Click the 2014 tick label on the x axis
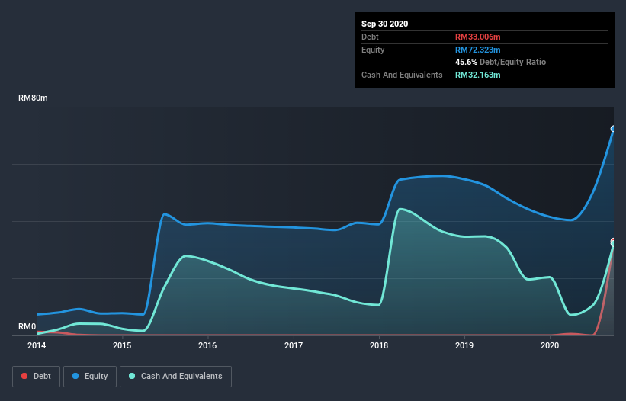[x=37, y=345]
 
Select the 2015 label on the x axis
[x=122, y=345]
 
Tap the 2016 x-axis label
[x=207, y=345]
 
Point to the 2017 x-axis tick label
[x=294, y=345]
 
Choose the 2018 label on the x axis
[x=379, y=345]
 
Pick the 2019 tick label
[x=464, y=345]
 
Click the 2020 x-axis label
[x=550, y=345]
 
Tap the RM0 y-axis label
[x=27, y=327]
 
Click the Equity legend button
[x=90, y=376]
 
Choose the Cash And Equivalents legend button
[x=175, y=376]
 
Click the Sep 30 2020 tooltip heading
[x=385, y=24]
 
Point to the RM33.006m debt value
[x=478, y=37]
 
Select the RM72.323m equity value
[x=478, y=50]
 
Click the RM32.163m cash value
[x=478, y=75]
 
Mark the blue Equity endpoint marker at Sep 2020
[x=613, y=129]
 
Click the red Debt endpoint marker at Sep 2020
[x=613, y=242]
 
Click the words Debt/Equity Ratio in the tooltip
[x=512, y=62]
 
